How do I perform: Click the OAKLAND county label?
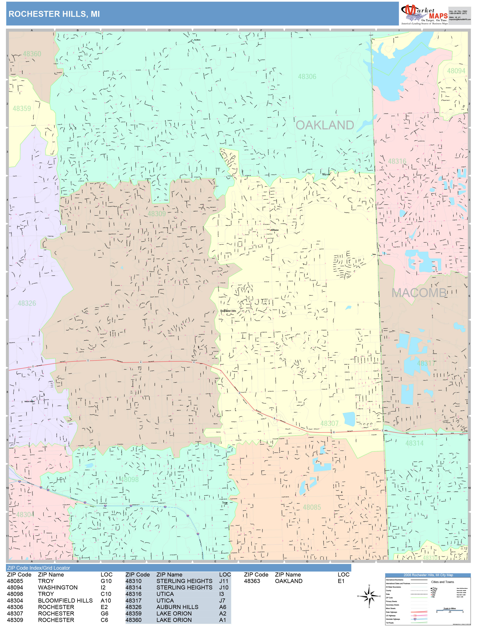(325, 125)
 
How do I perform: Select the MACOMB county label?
(419, 293)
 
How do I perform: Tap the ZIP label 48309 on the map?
(157, 214)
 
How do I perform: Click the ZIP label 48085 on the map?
(312, 507)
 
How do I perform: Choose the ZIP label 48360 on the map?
(32, 54)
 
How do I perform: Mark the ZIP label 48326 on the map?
(27, 303)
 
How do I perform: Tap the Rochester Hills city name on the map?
(228, 311)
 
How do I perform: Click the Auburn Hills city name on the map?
(29, 402)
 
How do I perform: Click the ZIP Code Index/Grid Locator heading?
(39, 568)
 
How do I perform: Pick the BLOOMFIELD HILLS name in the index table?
(65, 601)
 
